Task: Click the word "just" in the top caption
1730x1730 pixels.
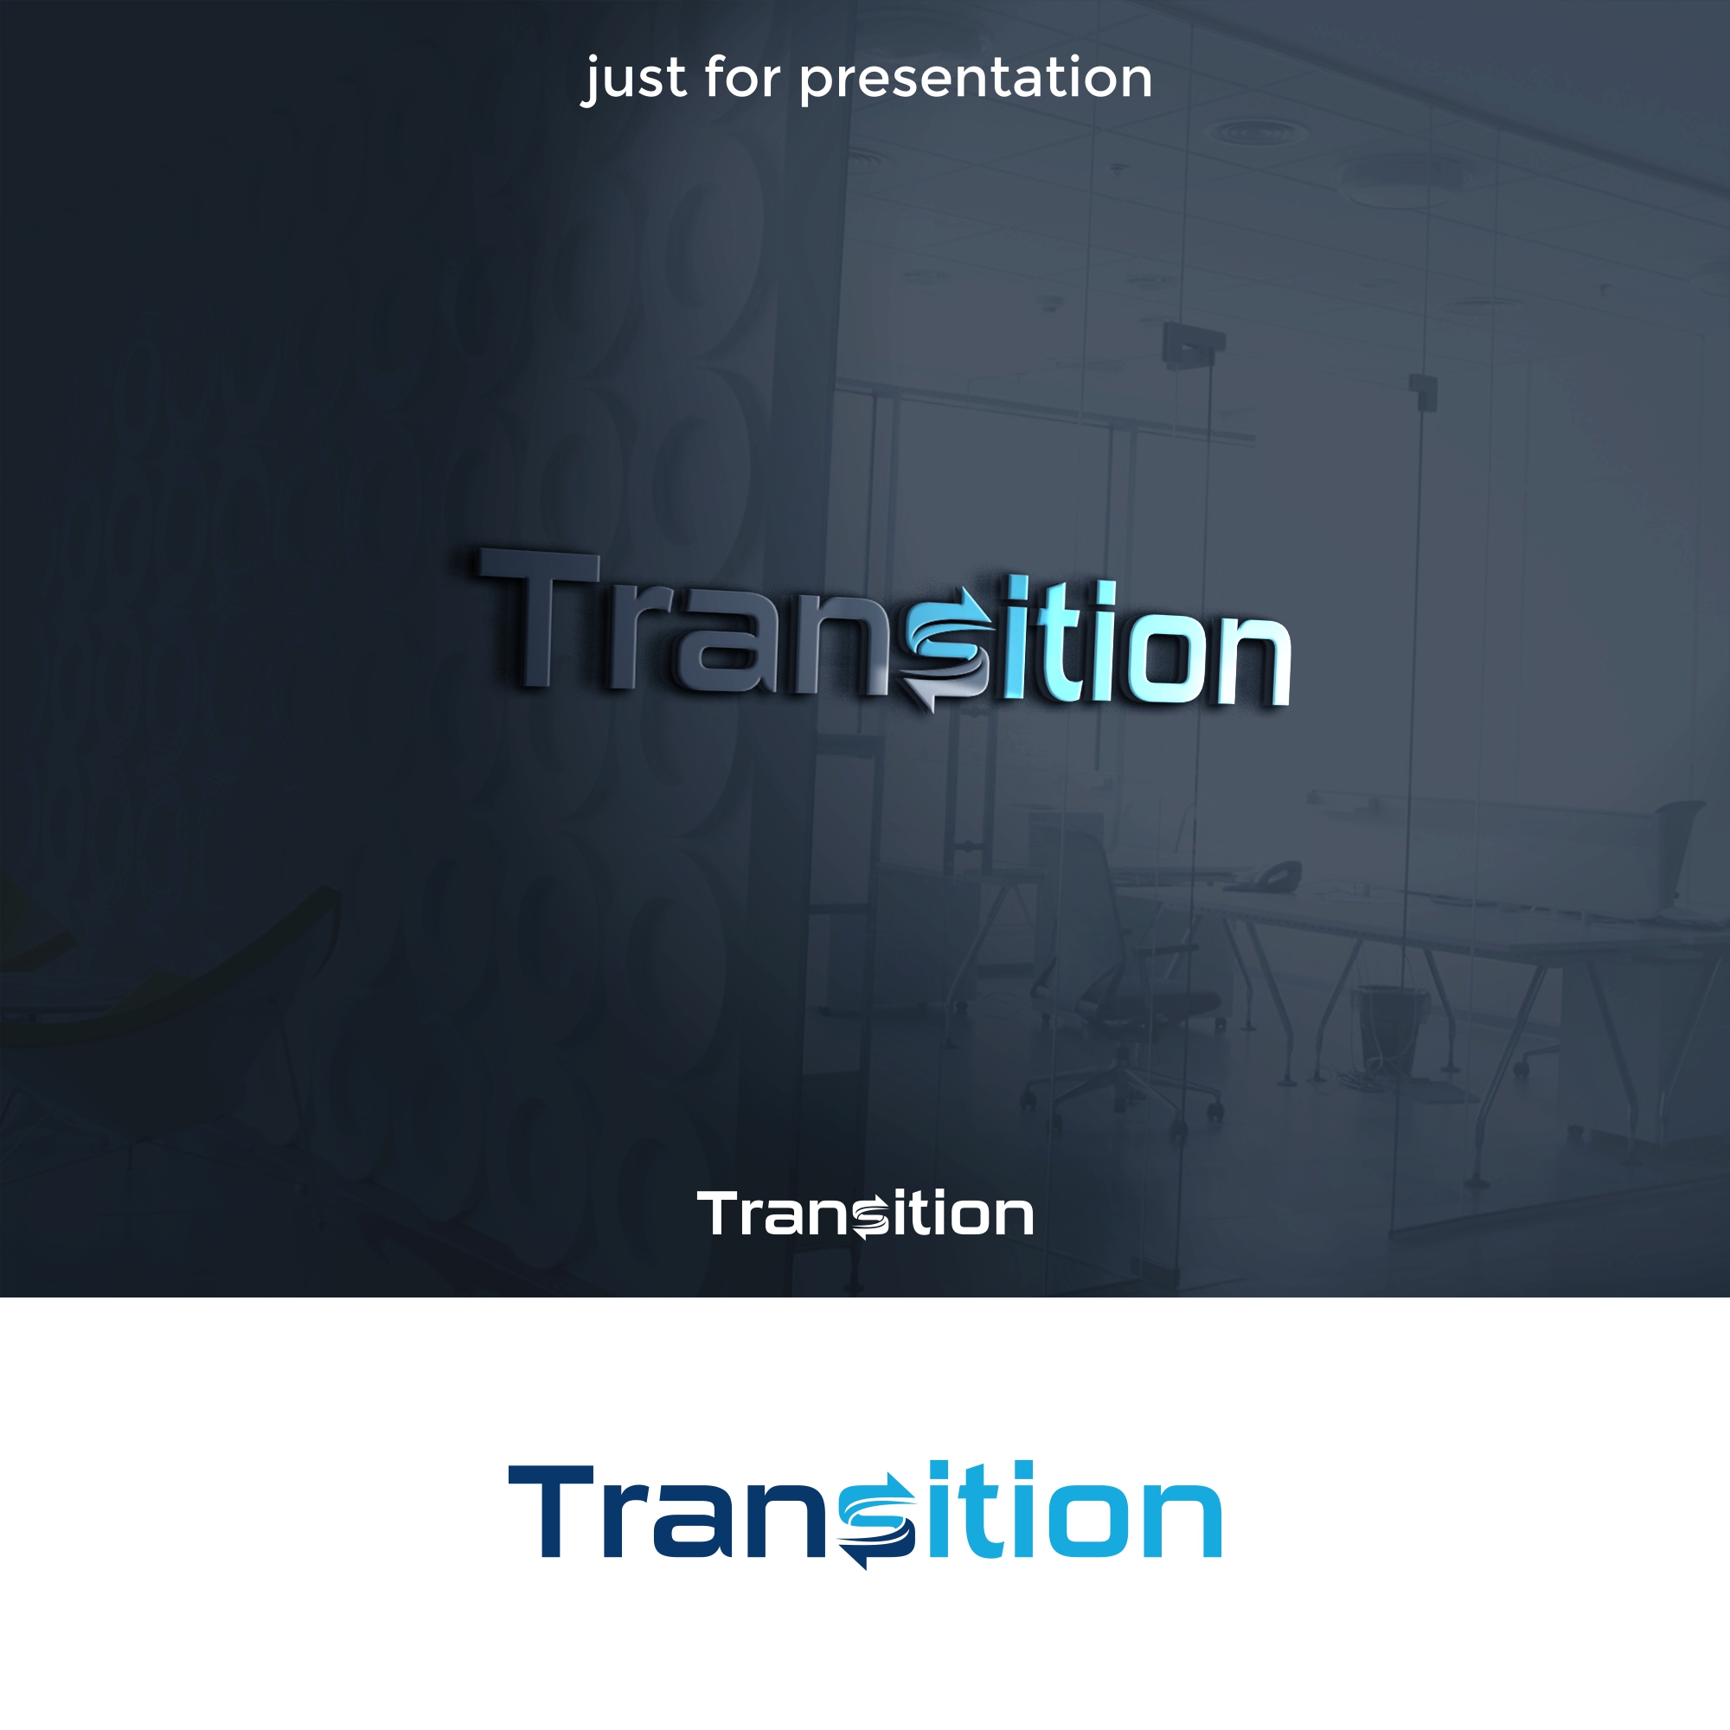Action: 637,79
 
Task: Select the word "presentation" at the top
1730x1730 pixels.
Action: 975,80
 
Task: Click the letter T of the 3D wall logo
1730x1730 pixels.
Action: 538,618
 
